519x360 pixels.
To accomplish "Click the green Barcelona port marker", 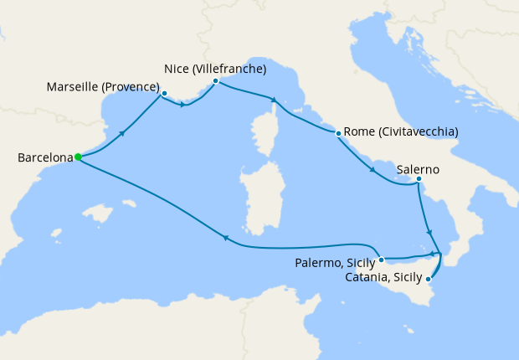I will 77,157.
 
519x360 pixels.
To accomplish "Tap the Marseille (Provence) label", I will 104,86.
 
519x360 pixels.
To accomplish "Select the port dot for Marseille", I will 164,93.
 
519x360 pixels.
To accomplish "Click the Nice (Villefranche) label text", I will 215,68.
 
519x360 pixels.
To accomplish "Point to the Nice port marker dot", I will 215,81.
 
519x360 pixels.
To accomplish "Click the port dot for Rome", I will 337,133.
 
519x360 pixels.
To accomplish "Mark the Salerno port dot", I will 419,179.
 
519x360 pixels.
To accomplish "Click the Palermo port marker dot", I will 380,260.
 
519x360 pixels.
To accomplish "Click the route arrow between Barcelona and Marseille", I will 124,131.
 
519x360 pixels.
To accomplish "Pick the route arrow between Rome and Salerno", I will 372,170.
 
